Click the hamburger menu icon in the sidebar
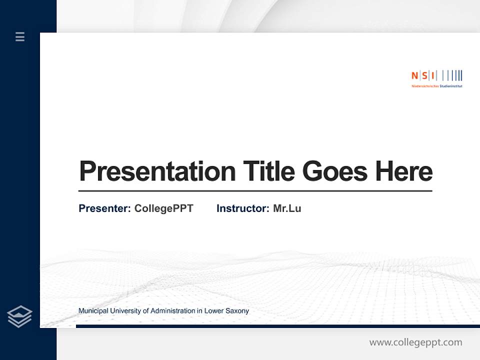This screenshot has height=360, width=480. tap(20, 36)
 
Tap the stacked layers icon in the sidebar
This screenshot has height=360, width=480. tap(19, 316)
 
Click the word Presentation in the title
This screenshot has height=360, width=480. tap(157, 171)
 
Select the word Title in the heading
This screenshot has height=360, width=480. tap(269, 171)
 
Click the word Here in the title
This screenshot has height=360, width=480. tap(404, 171)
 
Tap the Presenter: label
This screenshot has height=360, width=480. tap(104, 208)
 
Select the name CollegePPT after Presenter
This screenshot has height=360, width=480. tap(163, 208)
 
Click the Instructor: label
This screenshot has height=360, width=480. tap(242, 208)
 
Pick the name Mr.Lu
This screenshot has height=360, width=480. tap(287, 208)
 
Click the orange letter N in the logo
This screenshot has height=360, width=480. tap(414, 75)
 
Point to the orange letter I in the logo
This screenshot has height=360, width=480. tap(432, 75)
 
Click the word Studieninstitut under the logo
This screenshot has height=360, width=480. tap(451, 86)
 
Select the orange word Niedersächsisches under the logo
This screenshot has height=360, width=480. tap(424, 86)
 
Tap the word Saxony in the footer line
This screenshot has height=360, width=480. tap(236, 311)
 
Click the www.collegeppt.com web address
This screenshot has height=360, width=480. tap(415, 342)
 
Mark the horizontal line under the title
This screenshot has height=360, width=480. tap(255, 191)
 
